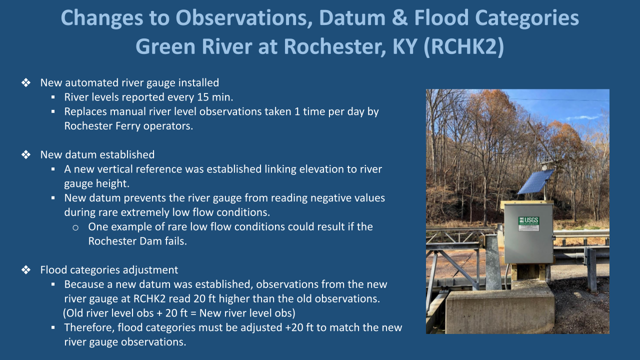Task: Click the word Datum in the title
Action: pos(352,17)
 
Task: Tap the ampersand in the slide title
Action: pos(399,17)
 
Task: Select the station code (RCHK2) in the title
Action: pos(464,46)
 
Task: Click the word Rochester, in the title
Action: pos(335,46)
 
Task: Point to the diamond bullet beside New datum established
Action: pos(26,155)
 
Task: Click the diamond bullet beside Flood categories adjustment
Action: pos(26,270)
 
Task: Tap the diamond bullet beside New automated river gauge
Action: pos(26,83)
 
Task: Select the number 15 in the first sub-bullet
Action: pos(203,97)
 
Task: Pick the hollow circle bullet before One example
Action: pos(75,227)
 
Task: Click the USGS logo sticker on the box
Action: pos(528,223)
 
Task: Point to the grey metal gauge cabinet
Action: pos(528,233)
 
